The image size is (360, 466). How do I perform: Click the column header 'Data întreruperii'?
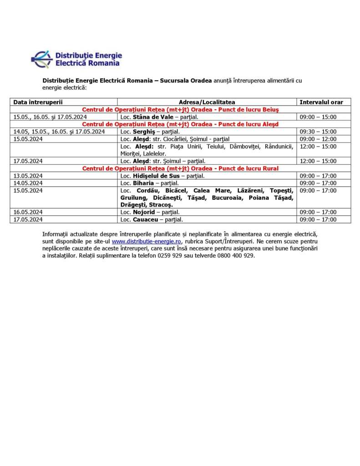(x=38, y=102)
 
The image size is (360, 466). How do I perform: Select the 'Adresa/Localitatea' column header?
(x=207, y=102)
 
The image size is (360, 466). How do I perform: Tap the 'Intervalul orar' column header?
(x=321, y=102)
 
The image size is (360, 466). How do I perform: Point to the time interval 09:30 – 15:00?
(x=318, y=132)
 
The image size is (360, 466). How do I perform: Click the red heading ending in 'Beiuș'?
(x=180, y=110)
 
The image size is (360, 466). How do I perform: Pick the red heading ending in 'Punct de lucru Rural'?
(x=180, y=168)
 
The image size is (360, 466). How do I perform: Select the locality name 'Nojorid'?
(x=144, y=212)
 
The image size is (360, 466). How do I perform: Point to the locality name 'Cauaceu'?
(x=145, y=219)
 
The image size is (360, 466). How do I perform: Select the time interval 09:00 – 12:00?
(x=318, y=139)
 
